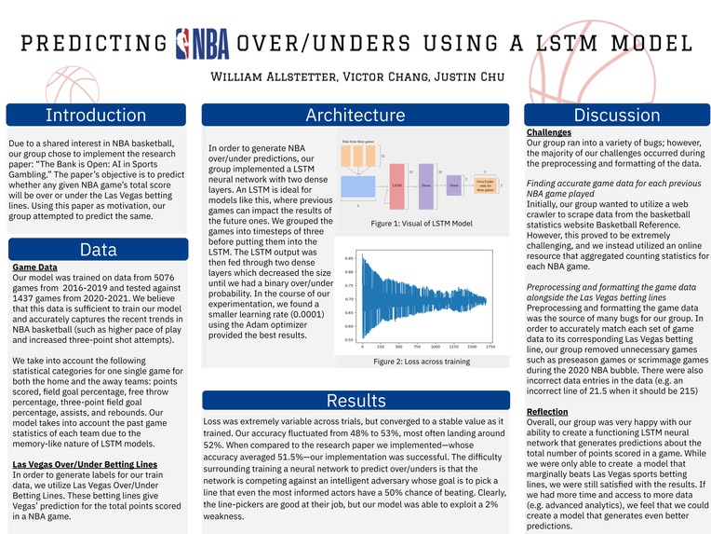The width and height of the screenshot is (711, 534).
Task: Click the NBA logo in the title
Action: coord(202,43)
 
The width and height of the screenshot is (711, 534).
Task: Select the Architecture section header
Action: coord(355,116)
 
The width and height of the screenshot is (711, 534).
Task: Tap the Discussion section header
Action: coord(615,116)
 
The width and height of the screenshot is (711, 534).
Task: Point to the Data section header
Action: coord(98,250)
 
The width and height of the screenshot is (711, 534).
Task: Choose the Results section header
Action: coord(355,401)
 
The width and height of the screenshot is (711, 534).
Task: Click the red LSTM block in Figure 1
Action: coord(397,185)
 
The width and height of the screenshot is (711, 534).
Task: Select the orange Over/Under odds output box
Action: coord(485,186)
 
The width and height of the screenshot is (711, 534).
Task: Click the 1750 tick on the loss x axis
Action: coord(490,347)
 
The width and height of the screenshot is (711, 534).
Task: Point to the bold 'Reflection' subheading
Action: coord(547,411)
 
